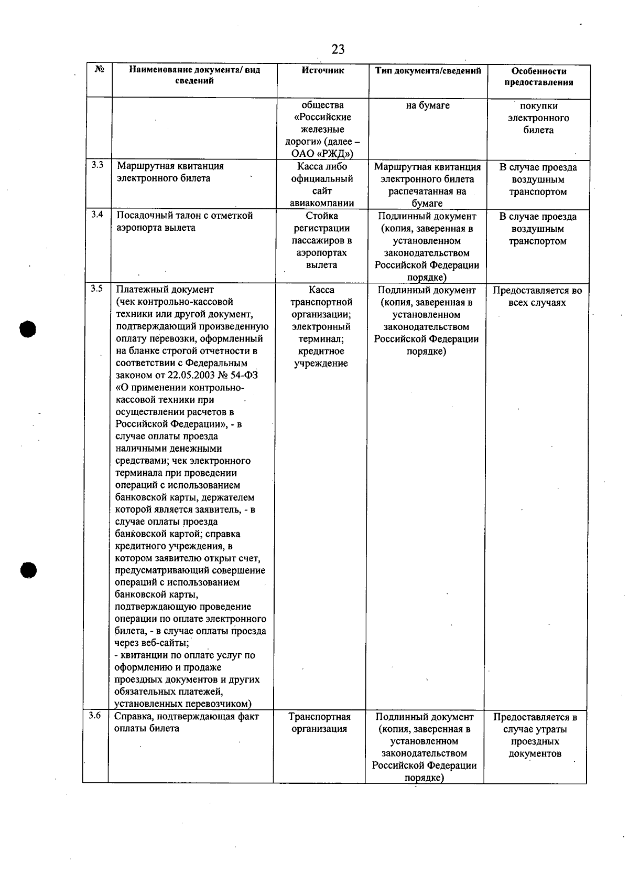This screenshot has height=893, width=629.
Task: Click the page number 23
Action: click(338, 49)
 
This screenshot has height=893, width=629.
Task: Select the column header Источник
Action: click(323, 70)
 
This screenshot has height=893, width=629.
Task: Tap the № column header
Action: click(100, 69)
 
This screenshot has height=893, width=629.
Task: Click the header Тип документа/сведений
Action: click(428, 70)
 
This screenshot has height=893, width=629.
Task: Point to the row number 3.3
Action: click(96, 165)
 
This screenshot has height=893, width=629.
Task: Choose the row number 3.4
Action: click(96, 214)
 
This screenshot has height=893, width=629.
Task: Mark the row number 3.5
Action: click(96, 288)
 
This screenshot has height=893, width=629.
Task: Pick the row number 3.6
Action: click(94, 715)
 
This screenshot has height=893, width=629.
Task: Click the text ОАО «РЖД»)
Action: click(322, 154)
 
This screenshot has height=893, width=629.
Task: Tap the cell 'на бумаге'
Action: click(428, 105)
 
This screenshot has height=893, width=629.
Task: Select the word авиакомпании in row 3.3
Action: click(321, 203)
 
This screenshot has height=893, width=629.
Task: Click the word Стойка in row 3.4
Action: click(321, 216)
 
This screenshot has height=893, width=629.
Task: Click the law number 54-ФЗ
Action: click(244, 375)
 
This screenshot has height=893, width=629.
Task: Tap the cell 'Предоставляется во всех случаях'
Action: click(537, 296)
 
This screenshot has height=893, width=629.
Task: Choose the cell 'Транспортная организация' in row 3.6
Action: click(319, 722)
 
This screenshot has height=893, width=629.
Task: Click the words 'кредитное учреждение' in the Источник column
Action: click(321, 357)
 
